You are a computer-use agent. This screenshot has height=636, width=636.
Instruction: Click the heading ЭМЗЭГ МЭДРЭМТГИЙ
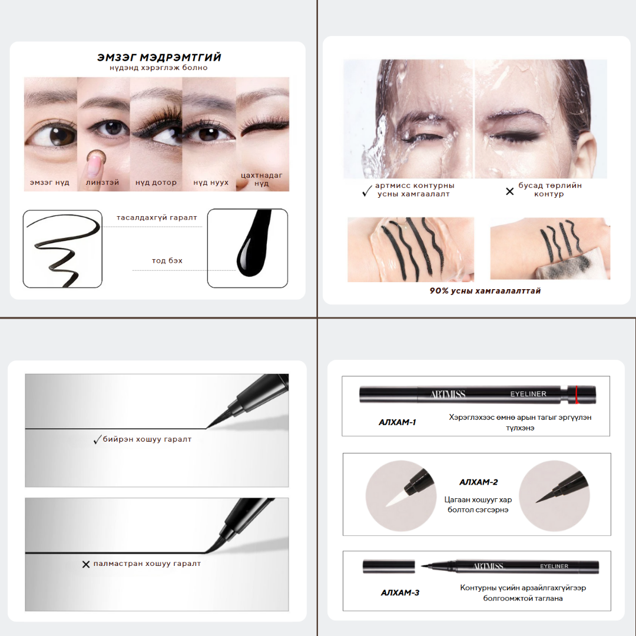[x=159, y=57]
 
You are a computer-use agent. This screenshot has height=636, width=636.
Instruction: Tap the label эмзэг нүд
[x=49, y=183]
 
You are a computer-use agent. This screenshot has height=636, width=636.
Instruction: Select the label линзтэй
[x=102, y=183]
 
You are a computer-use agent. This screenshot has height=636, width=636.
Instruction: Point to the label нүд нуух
[x=211, y=183]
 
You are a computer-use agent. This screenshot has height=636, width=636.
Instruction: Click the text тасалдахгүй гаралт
[x=157, y=217]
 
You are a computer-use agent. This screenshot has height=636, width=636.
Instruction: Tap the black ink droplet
[x=252, y=243]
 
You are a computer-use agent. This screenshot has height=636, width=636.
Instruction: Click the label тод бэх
[x=167, y=260]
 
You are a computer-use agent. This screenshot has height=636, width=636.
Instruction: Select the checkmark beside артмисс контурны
[x=367, y=191]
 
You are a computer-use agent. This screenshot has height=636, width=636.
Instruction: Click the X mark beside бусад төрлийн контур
[x=510, y=191]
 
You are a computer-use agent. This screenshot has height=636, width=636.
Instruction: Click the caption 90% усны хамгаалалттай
[x=485, y=291]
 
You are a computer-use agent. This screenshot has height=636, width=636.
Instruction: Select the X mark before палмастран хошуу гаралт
[x=86, y=564]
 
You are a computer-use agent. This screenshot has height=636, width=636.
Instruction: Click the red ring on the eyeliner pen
[x=577, y=395]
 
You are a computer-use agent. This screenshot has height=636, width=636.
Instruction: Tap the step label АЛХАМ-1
[x=397, y=422]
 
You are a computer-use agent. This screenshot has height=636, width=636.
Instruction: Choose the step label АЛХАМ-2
[x=479, y=482]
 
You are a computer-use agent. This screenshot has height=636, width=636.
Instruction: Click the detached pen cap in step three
[x=389, y=567]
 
